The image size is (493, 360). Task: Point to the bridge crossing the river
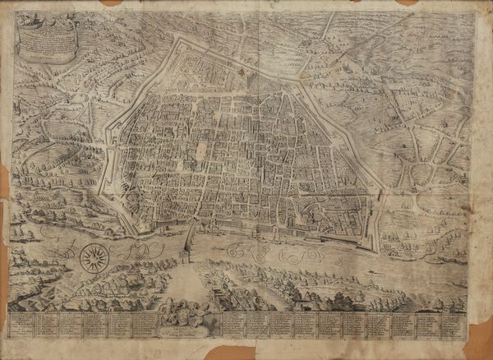click(188, 243)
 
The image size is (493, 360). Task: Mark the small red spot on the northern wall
click(242, 72)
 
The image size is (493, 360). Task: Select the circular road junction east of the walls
click(422, 173)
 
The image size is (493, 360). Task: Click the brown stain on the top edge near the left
click(111, 2)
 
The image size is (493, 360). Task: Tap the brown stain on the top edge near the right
click(406, 2)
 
